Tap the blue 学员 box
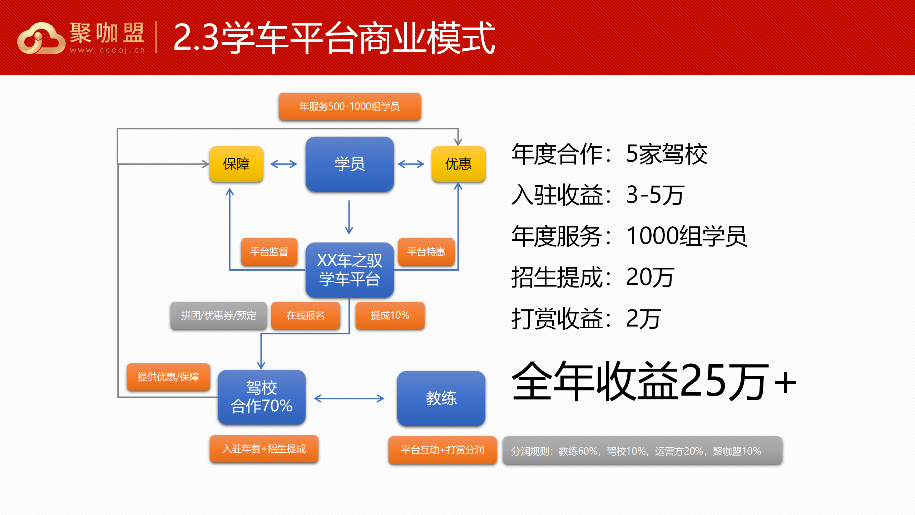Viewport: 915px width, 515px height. coord(349,164)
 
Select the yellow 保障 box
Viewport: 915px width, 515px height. coord(236,164)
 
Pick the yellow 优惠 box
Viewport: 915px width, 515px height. coord(458,164)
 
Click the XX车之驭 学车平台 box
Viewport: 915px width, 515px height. coord(349,270)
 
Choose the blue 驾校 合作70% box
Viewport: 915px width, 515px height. coord(261,397)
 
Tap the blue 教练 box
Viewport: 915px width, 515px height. coord(441,398)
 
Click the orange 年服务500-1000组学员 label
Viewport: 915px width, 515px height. coord(349,106)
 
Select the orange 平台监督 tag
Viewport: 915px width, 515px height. coord(269,252)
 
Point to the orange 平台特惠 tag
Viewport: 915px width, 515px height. coord(426,252)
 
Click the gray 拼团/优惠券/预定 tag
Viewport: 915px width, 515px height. coord(218,315)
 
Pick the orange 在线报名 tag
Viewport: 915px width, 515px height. coord(305,315)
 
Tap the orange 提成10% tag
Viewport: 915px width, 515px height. coord(390,315)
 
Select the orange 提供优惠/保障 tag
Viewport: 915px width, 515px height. coord(168,377)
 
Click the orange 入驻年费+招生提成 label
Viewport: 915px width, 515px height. coord(264,449)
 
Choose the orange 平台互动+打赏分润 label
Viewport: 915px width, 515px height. coord(442,450)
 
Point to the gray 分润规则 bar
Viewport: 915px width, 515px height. coord(642,451)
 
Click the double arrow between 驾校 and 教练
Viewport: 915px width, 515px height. coord(349,398)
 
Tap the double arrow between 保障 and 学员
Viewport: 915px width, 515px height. coord(284,164)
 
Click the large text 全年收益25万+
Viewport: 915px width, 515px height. coord(654,381)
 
